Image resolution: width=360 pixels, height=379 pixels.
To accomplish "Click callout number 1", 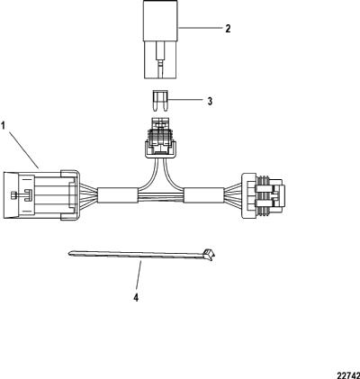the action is click(3, 125).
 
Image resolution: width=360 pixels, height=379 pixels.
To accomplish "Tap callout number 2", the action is click(228, 29).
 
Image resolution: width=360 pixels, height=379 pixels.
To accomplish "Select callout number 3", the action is click(210, 101).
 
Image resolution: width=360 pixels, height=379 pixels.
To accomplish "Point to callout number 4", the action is click(136, 298).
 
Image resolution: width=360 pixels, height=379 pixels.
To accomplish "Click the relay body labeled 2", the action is click(161, 40).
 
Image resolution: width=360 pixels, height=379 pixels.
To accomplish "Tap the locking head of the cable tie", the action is click(209, 255).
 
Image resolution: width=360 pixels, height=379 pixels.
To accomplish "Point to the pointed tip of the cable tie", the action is click(69, 254).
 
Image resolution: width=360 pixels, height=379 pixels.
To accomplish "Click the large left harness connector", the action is click(41, 195).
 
